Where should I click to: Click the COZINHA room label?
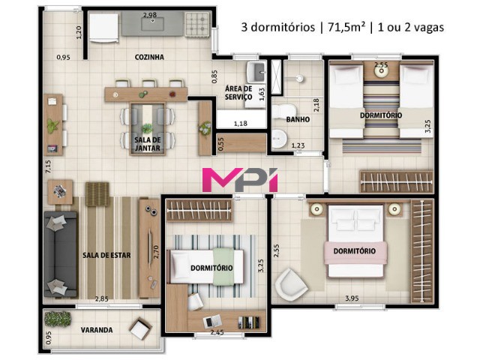[149, 57]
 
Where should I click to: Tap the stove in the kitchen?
[197, 25]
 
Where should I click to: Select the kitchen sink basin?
[152, 24]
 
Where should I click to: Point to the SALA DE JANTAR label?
[148, 144]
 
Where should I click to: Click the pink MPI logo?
[240, 179]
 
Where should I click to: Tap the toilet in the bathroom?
[284, 111]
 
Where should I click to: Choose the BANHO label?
[298, 119]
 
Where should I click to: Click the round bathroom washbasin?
[280, 138]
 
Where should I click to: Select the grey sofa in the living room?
[60, 254]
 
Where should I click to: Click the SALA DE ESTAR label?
[106, 255]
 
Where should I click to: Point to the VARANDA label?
[97, 330]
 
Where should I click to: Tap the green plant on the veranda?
[58, 318]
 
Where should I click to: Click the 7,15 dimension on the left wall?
[48, 166]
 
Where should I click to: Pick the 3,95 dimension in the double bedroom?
[352, 298]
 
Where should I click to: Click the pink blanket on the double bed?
[356, 252]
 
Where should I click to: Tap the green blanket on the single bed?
[223, 267]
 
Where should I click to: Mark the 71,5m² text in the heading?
[346, 27]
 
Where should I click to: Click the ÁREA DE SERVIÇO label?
[238, 93]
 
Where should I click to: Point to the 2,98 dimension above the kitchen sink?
[150, 15]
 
